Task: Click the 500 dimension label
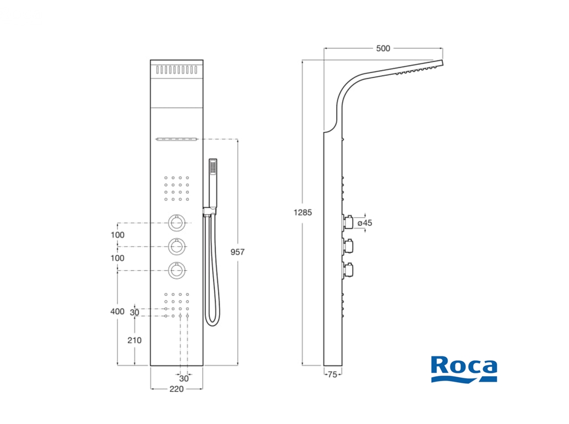(383, 48)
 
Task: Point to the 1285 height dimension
(302, 212)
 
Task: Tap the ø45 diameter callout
(365, 223)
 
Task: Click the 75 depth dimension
(331, 375)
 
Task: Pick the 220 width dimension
(176, 389)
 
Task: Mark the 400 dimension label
(117, 311)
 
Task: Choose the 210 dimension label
(134, 340)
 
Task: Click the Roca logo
(464, 368)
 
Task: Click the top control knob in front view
(177, 223)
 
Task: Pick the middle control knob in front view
(177, 246)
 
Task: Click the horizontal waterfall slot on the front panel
(177, 139)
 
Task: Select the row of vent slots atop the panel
(177, 70)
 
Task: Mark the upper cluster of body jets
(177, 188)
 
